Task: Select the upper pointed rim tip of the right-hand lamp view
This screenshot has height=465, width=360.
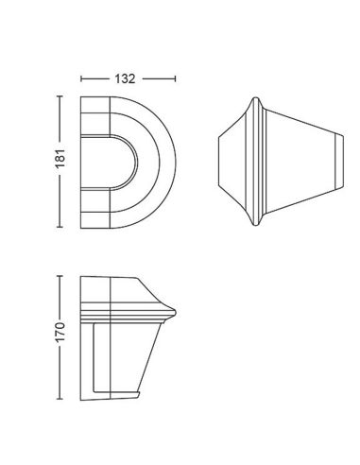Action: (x=253, y=96)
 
